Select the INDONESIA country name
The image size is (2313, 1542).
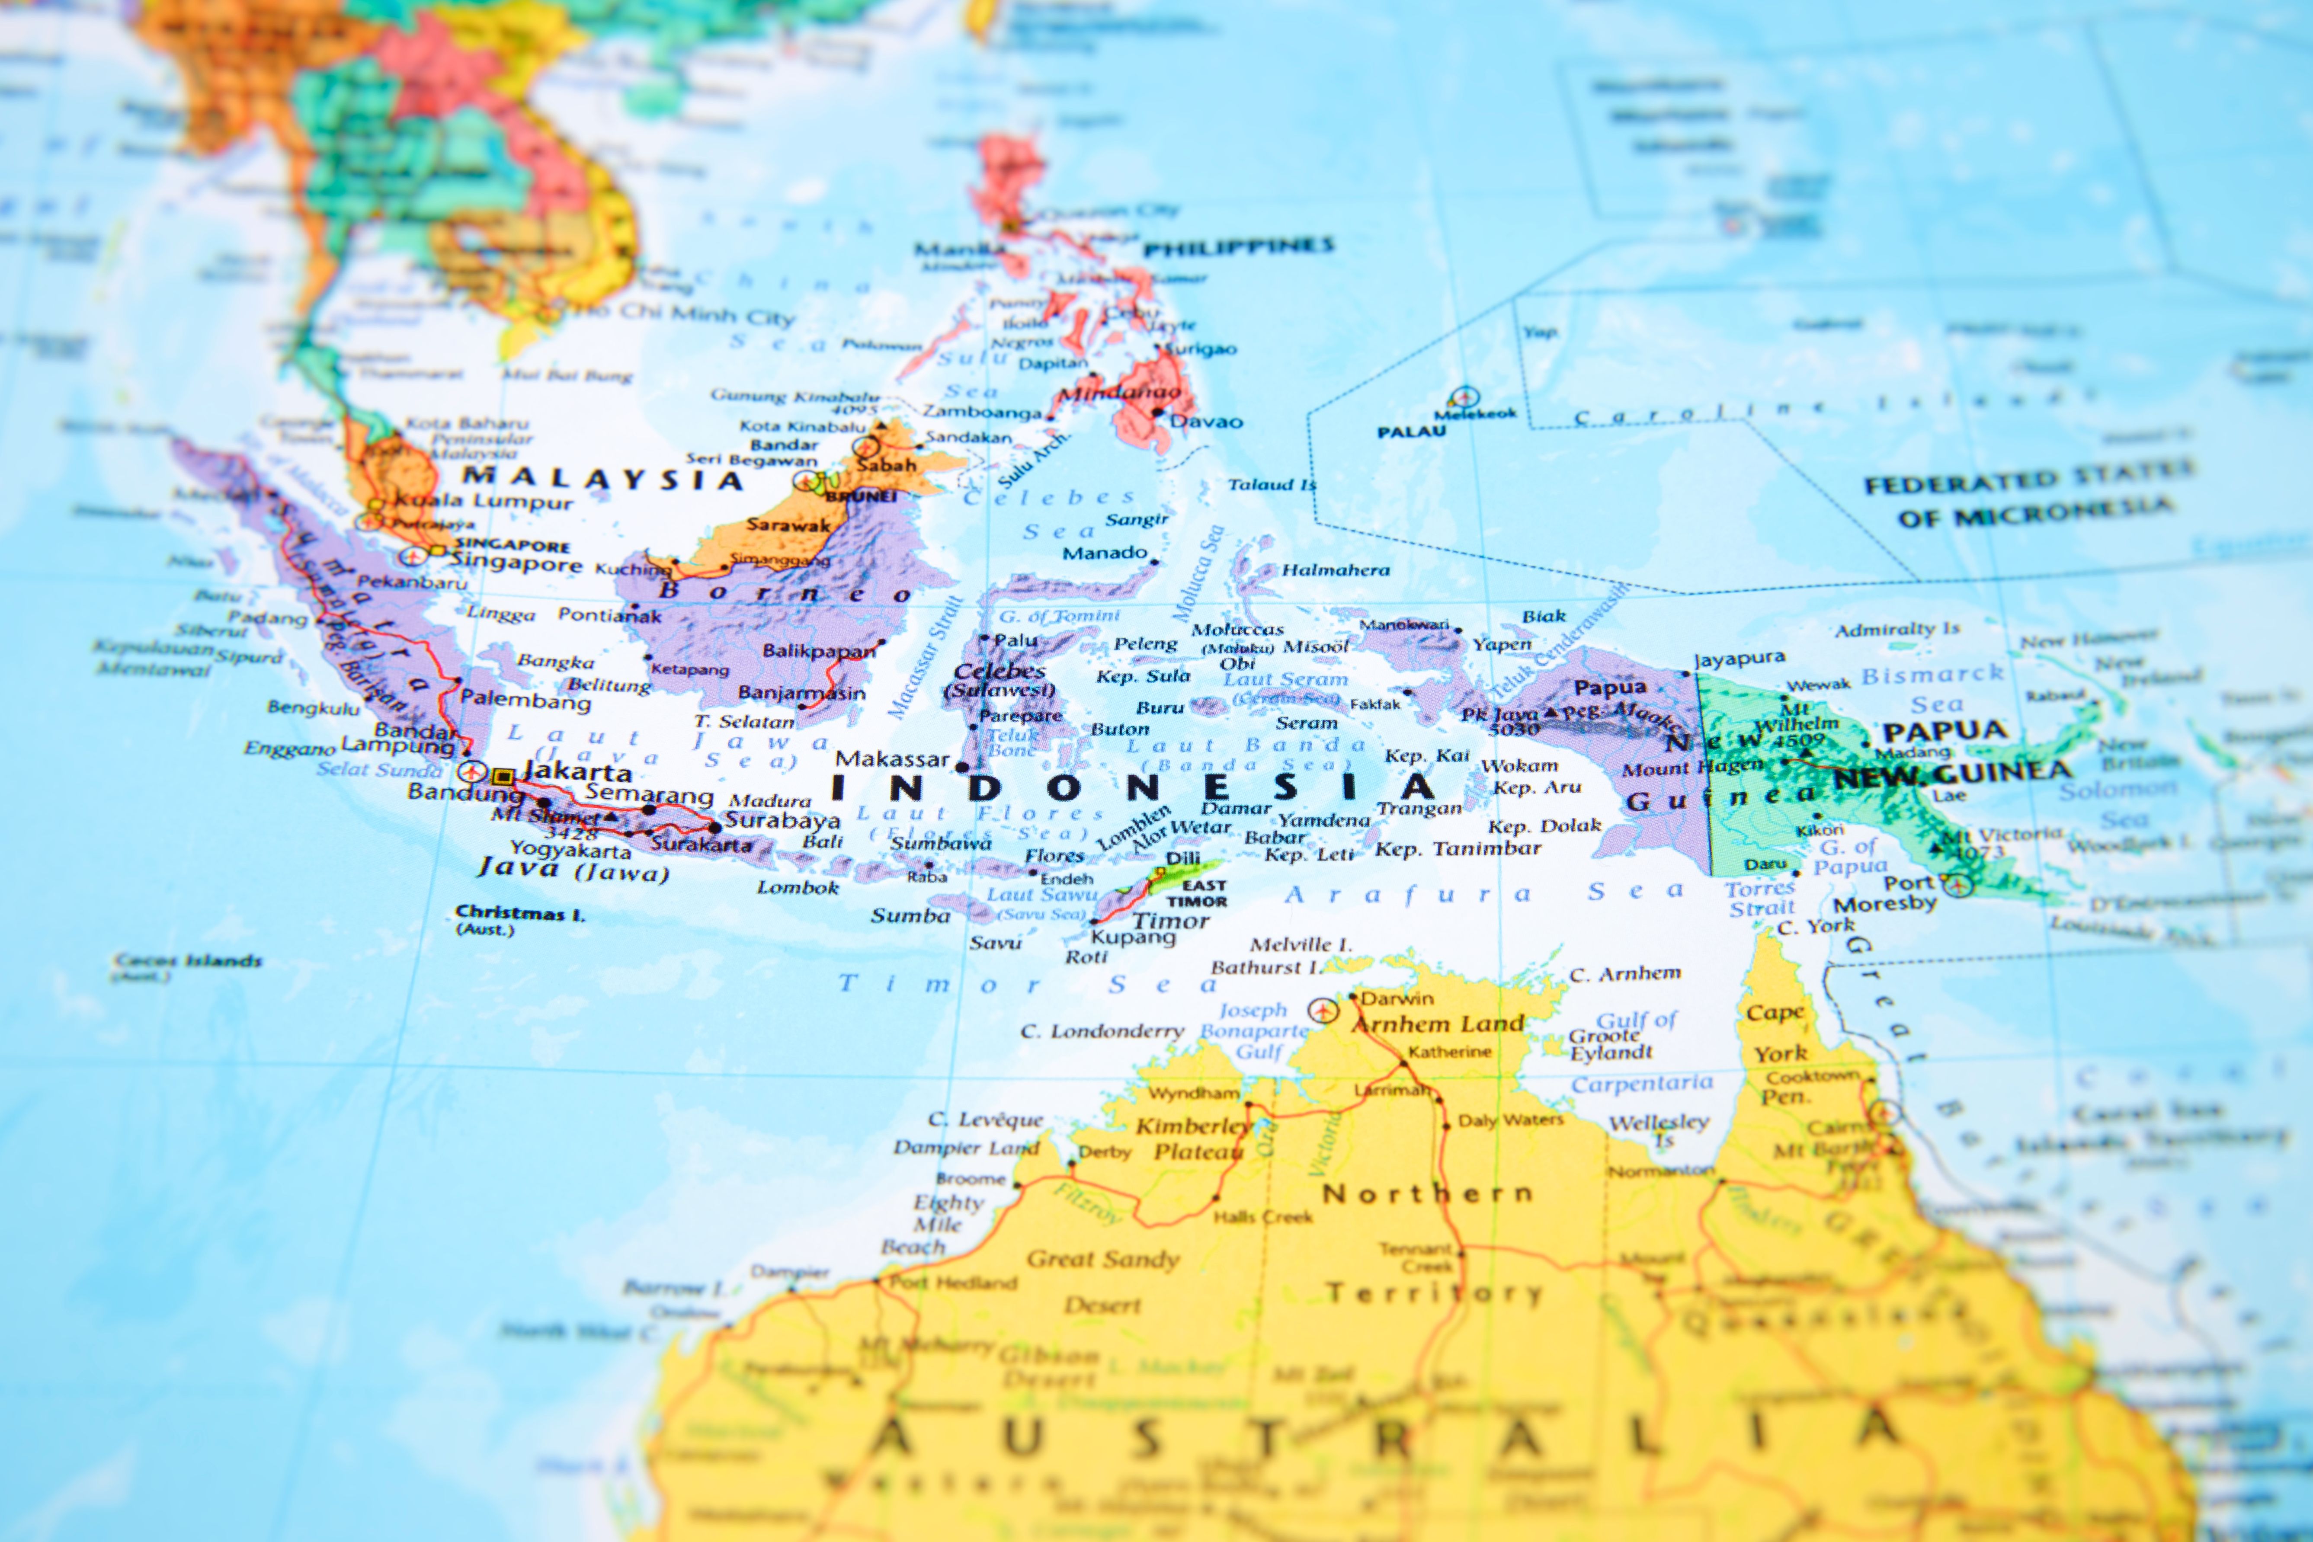(x=1131, y=787)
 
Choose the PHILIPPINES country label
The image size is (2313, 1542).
(x=1238, y=246)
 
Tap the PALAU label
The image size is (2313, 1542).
(x=1411, y=432)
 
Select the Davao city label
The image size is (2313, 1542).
(x=1206, y=422)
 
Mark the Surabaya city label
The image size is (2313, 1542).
(x=783, y=820)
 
